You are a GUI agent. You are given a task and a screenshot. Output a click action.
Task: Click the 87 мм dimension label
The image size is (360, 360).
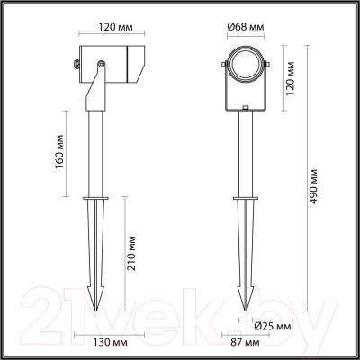click(x=244, y=343)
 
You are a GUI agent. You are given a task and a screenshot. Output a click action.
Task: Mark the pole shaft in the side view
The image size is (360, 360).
click(x=96, y=144)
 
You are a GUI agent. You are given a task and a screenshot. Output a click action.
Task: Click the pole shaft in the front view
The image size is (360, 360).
click(x=244, y=153)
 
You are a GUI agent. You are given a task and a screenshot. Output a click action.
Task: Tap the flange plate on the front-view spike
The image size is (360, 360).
click(x=244, y=199)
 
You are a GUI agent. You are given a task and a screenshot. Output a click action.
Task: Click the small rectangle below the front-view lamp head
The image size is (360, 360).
click(x=244, y=110)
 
